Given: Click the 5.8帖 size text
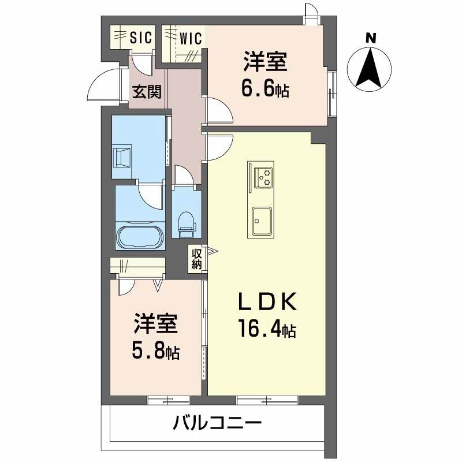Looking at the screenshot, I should (x=153, y=351).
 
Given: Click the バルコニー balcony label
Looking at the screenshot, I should (x=217, y=424).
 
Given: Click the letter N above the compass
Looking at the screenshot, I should (x=372, y=39).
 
